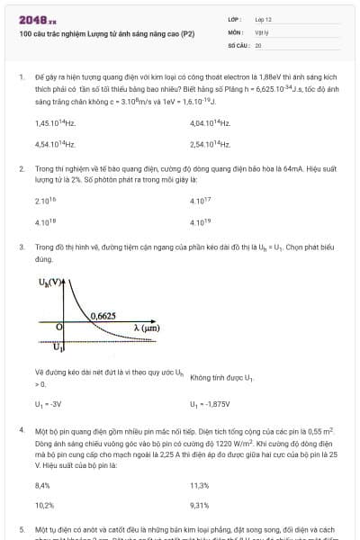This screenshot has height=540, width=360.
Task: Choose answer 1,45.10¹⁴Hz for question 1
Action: point(54,122)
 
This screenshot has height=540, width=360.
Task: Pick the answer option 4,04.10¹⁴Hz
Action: point(210,122)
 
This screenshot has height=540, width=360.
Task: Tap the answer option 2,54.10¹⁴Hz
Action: point(210,143)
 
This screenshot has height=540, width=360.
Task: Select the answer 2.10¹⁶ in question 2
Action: point(45,201)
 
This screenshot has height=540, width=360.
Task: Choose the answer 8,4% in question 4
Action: point(42,484)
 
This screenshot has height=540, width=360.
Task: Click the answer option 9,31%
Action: point(200,505)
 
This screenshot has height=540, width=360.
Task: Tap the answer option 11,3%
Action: point(200,484)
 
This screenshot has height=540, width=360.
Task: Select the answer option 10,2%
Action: point(44,505)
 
